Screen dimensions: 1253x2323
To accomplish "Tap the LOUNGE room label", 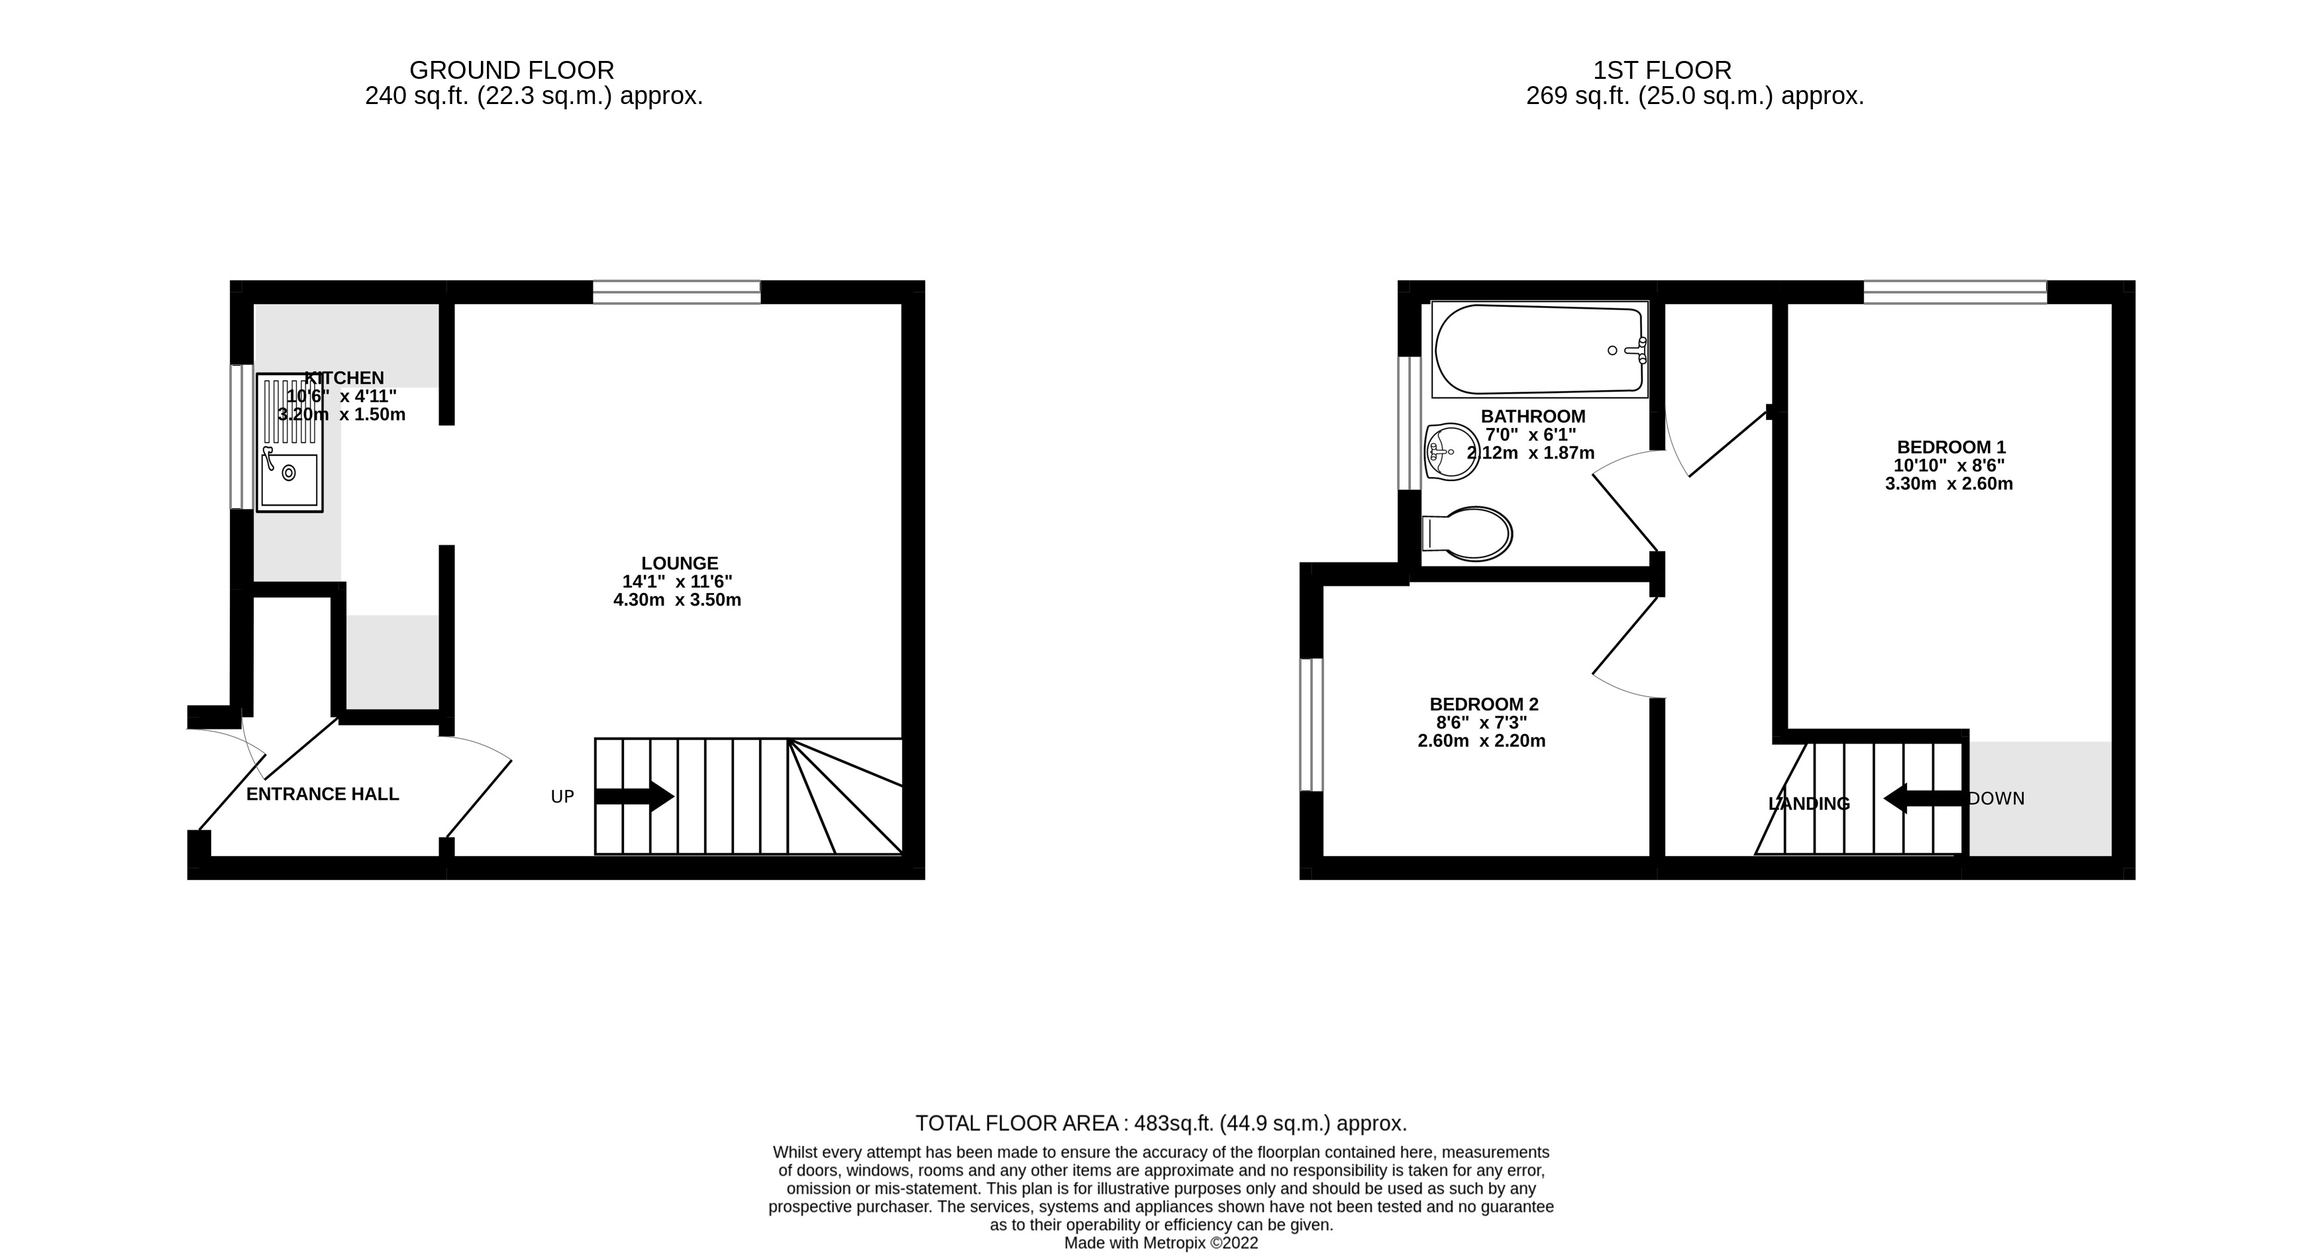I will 679,564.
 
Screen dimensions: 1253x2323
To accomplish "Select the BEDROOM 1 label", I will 1951,447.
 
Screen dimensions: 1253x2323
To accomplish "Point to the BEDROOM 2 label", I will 1484,704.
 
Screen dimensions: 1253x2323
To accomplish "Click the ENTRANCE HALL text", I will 322,794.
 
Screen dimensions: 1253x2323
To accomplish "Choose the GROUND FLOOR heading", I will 511,70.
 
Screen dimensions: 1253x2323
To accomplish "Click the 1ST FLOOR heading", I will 1662,70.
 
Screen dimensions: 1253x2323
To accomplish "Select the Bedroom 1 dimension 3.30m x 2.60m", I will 1949,484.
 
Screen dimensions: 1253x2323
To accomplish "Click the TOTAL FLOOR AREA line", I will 1161,1124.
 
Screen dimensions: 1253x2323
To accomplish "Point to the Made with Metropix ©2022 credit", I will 1161,1243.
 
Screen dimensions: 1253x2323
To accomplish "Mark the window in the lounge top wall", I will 676,292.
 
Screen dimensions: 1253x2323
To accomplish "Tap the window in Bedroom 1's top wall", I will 1955,292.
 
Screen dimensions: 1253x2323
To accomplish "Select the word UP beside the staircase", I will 563,797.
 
